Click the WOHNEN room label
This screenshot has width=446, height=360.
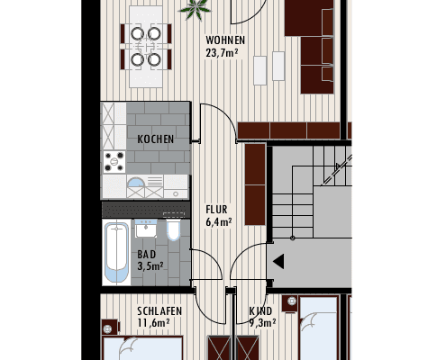pos(224,40)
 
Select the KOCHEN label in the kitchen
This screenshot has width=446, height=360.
pos(156,139)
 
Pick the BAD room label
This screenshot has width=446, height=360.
pos(146,254)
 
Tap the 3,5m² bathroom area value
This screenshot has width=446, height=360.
pos(150,266)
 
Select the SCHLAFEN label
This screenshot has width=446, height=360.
pos(159,311)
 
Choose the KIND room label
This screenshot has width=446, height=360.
pos(260,311)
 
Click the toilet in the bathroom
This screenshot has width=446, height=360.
pos(174,232)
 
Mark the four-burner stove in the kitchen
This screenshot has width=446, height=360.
pos(114,162)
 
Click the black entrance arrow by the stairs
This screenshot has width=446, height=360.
pos(278,262)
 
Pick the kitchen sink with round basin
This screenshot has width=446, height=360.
pos(137,187)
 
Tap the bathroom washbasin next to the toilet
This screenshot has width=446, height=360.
pos(147,230)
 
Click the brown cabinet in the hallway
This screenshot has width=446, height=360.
pos(255,184)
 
